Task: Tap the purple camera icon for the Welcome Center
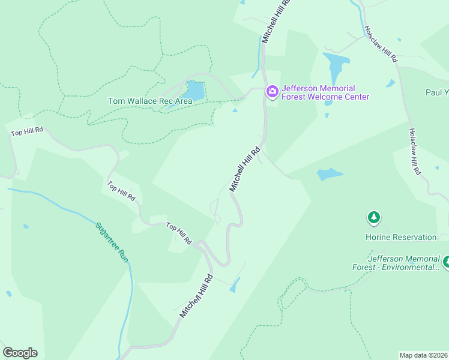[x=272, y=91]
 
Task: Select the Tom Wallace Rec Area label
[x=150, y=101]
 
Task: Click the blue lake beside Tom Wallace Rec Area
[x=195, y=91]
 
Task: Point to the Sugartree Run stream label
[x=112, y=241]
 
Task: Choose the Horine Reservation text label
[x=401, y=237]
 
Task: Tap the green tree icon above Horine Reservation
[x=374, y=217]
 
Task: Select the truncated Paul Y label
[x=436, y=92]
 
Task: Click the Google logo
[x=20, y=353]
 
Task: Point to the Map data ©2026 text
[x=423, y=355]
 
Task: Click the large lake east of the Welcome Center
[x=336, y=64]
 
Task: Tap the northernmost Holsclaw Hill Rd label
[x=381, y=44]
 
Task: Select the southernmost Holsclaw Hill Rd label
[x=414, y=152]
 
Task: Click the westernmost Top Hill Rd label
[x=27, y=130]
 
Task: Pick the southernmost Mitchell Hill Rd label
[x=196, y=296]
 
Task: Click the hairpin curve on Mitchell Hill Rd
[x=224, y=263]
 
